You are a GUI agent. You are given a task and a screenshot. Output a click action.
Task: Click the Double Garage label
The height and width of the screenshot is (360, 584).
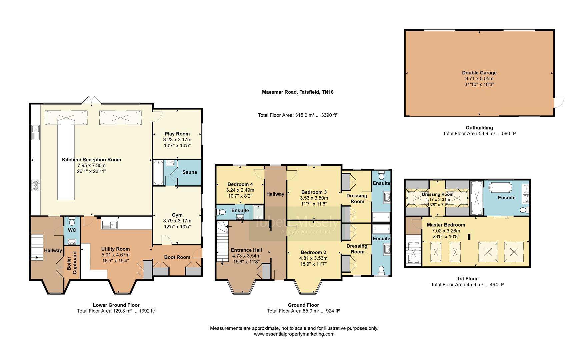pos(479,73)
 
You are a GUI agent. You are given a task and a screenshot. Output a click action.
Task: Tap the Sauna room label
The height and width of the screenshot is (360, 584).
pos(189,172)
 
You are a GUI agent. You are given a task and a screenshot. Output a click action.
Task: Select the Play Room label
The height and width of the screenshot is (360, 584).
pos(177,134)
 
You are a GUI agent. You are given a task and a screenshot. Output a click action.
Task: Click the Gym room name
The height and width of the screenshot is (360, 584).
pos(177,215)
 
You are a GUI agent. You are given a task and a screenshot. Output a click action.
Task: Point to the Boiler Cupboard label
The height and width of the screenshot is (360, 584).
pos(72,263)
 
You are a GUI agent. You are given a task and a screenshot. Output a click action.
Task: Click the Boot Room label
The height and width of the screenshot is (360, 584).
pos(177,257)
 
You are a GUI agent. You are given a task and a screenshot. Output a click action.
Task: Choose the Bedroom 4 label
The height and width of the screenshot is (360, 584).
pos(240,184)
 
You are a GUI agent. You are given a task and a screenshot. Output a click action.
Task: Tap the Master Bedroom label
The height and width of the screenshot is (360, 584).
pos(446,225)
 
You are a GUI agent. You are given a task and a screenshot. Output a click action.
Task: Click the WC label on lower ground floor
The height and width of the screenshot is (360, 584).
pos(72,230)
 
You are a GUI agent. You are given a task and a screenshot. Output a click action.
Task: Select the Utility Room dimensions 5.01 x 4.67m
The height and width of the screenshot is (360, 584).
pos(115,255)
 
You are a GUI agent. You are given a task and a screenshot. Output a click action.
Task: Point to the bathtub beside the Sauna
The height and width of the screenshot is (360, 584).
pos(158,172)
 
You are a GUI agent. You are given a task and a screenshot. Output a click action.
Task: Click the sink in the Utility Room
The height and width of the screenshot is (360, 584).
pos(109,225)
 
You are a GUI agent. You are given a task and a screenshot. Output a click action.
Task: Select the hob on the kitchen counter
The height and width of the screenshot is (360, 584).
pos(35,185)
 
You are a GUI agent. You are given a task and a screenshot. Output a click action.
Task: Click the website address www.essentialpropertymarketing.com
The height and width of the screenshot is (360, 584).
pos(294,334)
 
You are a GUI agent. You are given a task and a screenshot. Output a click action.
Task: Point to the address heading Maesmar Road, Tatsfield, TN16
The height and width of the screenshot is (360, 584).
pos(298,92)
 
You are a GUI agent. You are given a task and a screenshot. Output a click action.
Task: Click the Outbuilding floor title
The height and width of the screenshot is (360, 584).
pos(479,128)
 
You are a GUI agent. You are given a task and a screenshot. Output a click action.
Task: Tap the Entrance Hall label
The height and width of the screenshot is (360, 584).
pos(246,250)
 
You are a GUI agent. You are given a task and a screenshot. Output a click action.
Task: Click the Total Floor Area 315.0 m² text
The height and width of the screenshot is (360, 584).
pos(298,115)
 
